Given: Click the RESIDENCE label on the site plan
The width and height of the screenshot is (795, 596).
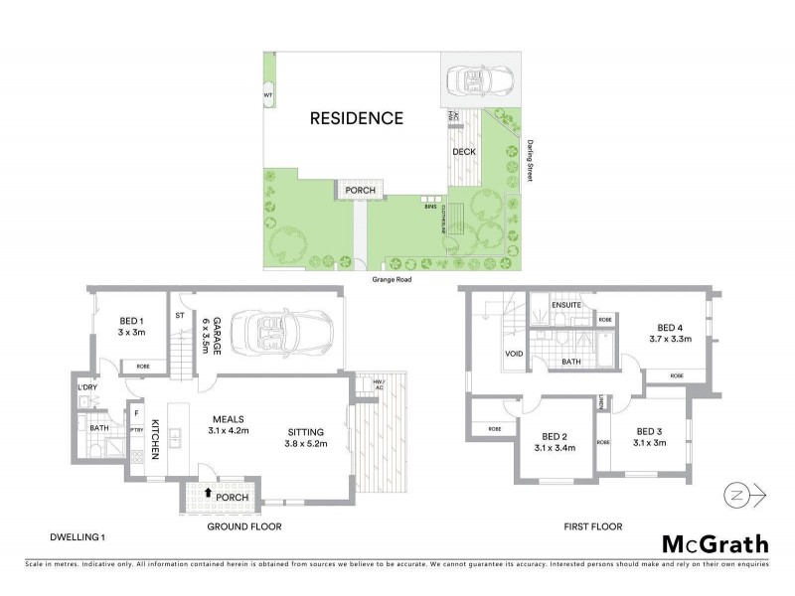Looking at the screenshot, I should (x=356, y=118).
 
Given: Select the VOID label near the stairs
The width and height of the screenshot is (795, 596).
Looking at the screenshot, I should (x=514, y=353).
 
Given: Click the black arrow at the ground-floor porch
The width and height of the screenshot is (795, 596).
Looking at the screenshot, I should (x=207, y=492).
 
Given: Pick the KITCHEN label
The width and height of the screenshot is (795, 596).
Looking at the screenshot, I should (x=156, y=438).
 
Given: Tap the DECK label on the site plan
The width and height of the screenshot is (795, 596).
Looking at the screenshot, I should (x=464, y=152).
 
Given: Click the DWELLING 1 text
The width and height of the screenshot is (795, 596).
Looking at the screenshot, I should (x=78, y=537).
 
